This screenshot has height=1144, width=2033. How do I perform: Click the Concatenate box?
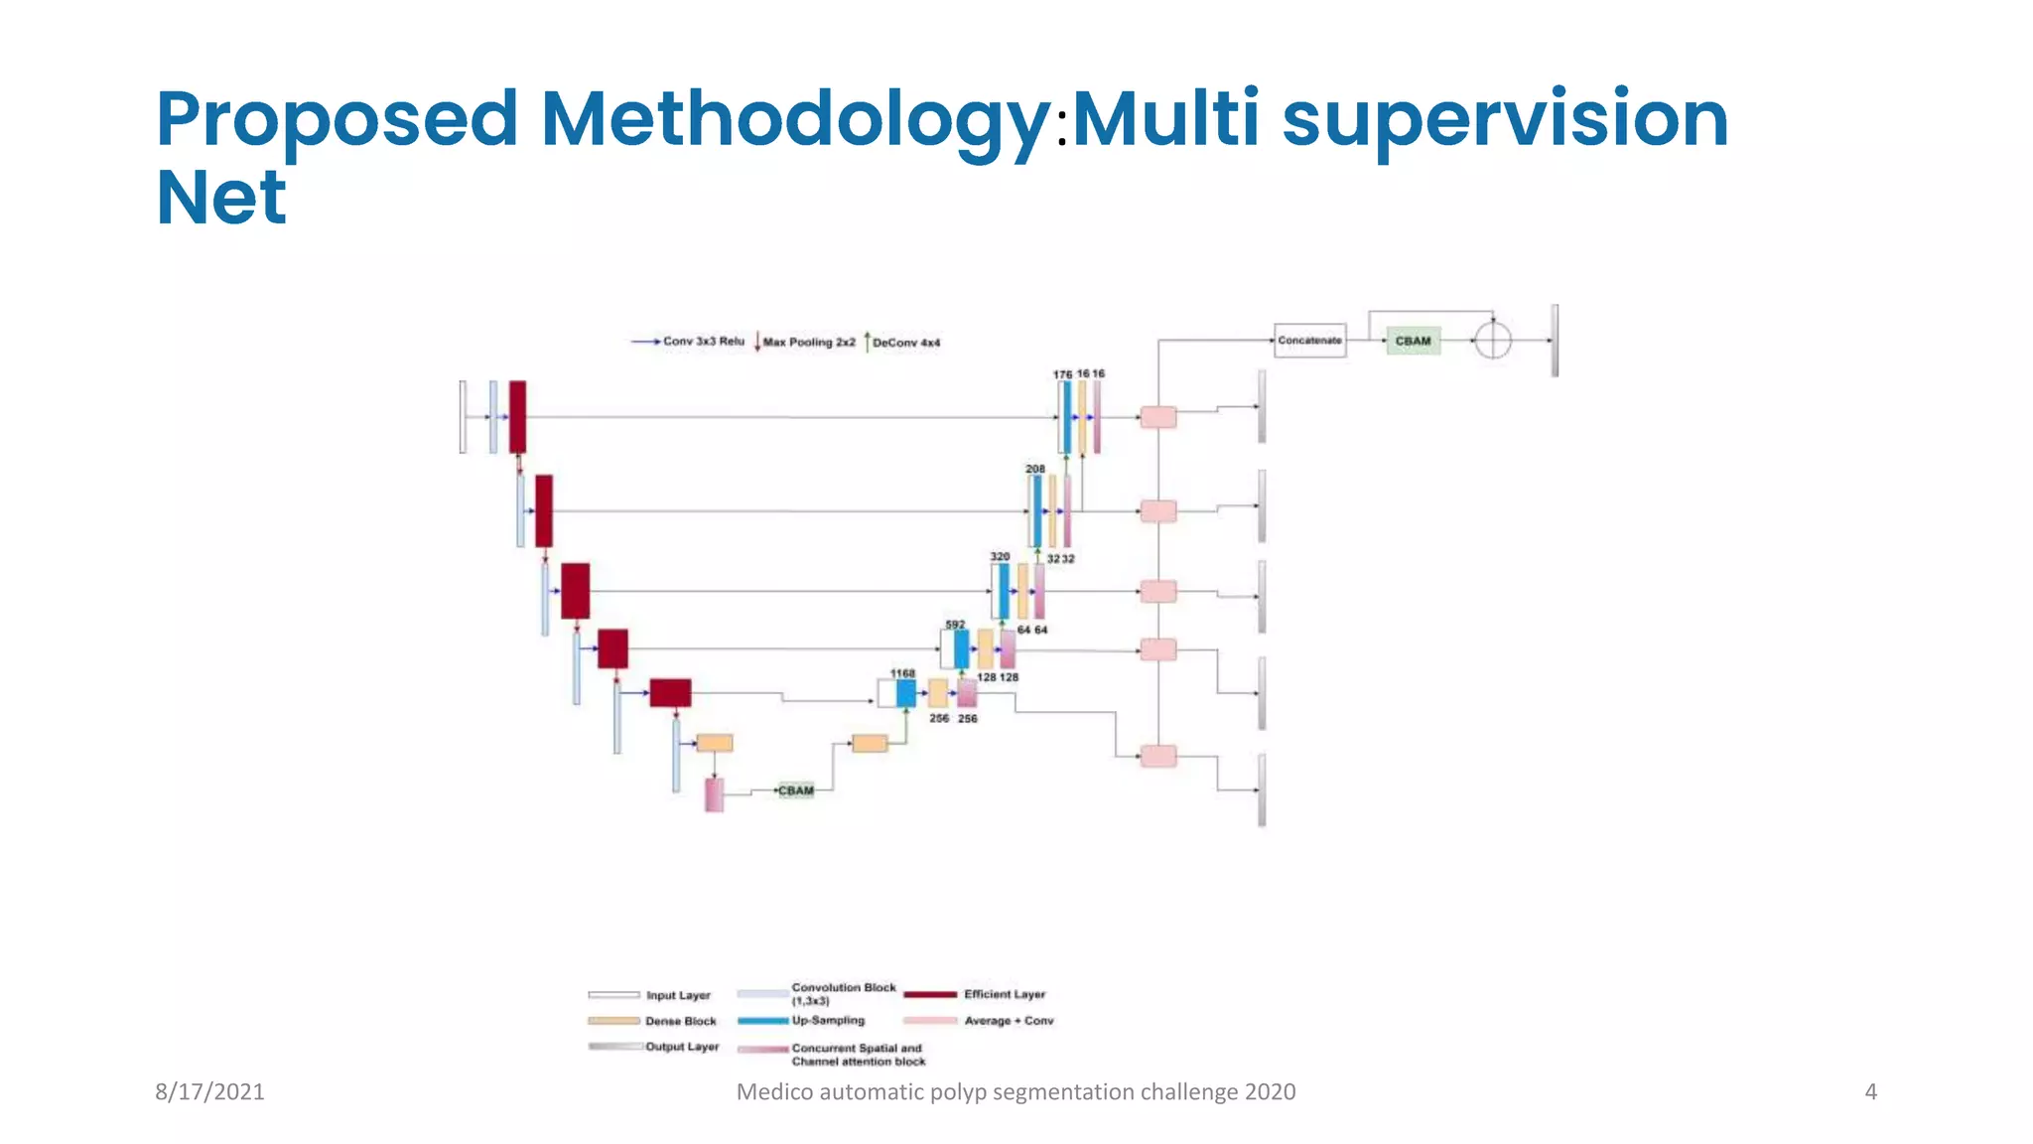[x=1309, y=341]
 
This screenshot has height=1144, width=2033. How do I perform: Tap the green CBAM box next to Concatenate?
[x=1413, y=341]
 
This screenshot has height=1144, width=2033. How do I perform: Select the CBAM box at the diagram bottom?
[x=796, y=790]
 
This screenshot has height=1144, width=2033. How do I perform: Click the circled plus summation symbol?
[x=1492, y=341]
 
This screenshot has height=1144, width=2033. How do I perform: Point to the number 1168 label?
[x=902, y=673]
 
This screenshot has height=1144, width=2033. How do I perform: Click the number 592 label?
[x=955, y=625]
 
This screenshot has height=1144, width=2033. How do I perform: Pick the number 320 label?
[x=1000, y=557]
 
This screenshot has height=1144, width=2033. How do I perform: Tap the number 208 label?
[x=1035, y=469]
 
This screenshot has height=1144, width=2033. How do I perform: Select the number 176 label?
[x=1062, y=374]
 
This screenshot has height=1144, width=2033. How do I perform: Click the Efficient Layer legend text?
[x=1004, y=994]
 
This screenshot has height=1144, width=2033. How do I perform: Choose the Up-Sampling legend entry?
[x=828, y=1021]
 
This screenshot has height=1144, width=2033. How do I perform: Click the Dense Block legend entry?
[x=680, y=1021]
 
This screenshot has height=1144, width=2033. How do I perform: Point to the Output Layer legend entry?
[x=682, y=1047]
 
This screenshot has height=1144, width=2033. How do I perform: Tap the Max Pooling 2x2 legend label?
[x=808, y=343]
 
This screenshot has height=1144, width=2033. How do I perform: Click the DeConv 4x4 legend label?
[x=905, y=343]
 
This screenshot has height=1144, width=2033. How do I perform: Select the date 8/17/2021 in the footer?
[x=209, y=1092]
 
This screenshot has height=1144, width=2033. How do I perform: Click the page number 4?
[x=1870, y=1092]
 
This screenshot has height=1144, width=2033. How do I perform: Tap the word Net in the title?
[x=221, y=198]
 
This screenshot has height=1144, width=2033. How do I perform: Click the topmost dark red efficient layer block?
[x=517, y=417]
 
